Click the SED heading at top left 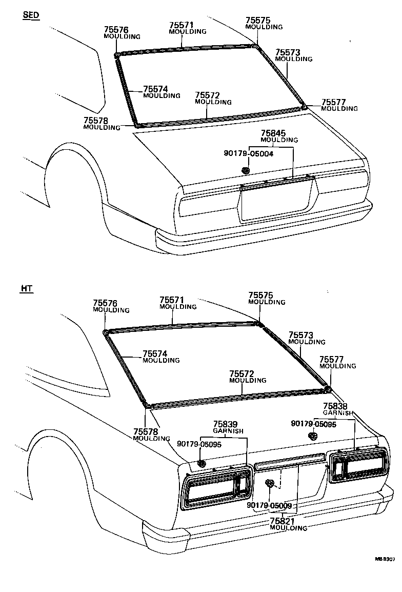point(31,15)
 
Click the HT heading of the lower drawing point(27,289)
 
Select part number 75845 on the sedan point(273,133)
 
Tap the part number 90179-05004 point(249,153)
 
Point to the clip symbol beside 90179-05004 point(246,170)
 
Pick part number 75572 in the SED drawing point(207,95)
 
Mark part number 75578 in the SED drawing point(95,121)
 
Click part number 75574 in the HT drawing point(155,354)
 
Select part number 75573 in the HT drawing point(300,335)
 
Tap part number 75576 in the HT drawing point(105,303)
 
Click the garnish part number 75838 point(335,406)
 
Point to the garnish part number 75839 point(225,424)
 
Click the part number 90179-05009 point(269,505)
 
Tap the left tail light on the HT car point(216,489)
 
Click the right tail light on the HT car point(358,465)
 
